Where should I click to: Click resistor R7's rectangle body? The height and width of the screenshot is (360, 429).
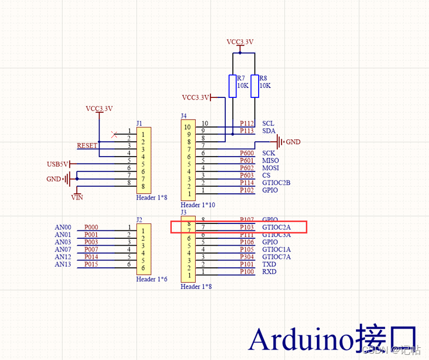[x=232, y=86]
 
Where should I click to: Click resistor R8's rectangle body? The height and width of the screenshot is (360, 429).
[x=255, y=86]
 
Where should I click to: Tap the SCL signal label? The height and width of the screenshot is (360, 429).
[x=268, y=123]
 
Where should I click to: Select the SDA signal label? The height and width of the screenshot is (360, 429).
[x=269, y=131]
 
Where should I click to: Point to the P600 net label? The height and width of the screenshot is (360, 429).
[x=247, y=153]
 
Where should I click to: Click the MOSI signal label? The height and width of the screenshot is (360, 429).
[x=270, y=168]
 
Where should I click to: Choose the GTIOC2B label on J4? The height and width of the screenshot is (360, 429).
[x=276, y=183]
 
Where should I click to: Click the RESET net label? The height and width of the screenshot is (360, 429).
[x=87, y=146]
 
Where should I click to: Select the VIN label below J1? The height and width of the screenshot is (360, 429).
[x=77, y=197]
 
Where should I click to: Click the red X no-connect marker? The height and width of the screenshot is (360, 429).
[x=114, y=134]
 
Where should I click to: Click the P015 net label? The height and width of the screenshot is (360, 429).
[x=91, y=264]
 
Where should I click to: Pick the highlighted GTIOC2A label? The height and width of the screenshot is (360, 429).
[x=276, y=227]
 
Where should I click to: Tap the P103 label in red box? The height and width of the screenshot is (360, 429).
[x=247, y=227]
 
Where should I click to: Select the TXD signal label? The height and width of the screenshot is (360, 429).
[x=269, y=264]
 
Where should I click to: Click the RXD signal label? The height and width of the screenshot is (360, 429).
[x=269, y=272]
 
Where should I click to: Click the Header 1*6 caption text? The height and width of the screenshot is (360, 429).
[x=152, y=279]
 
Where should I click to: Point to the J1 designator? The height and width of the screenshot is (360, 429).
[x=139, y=123]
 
